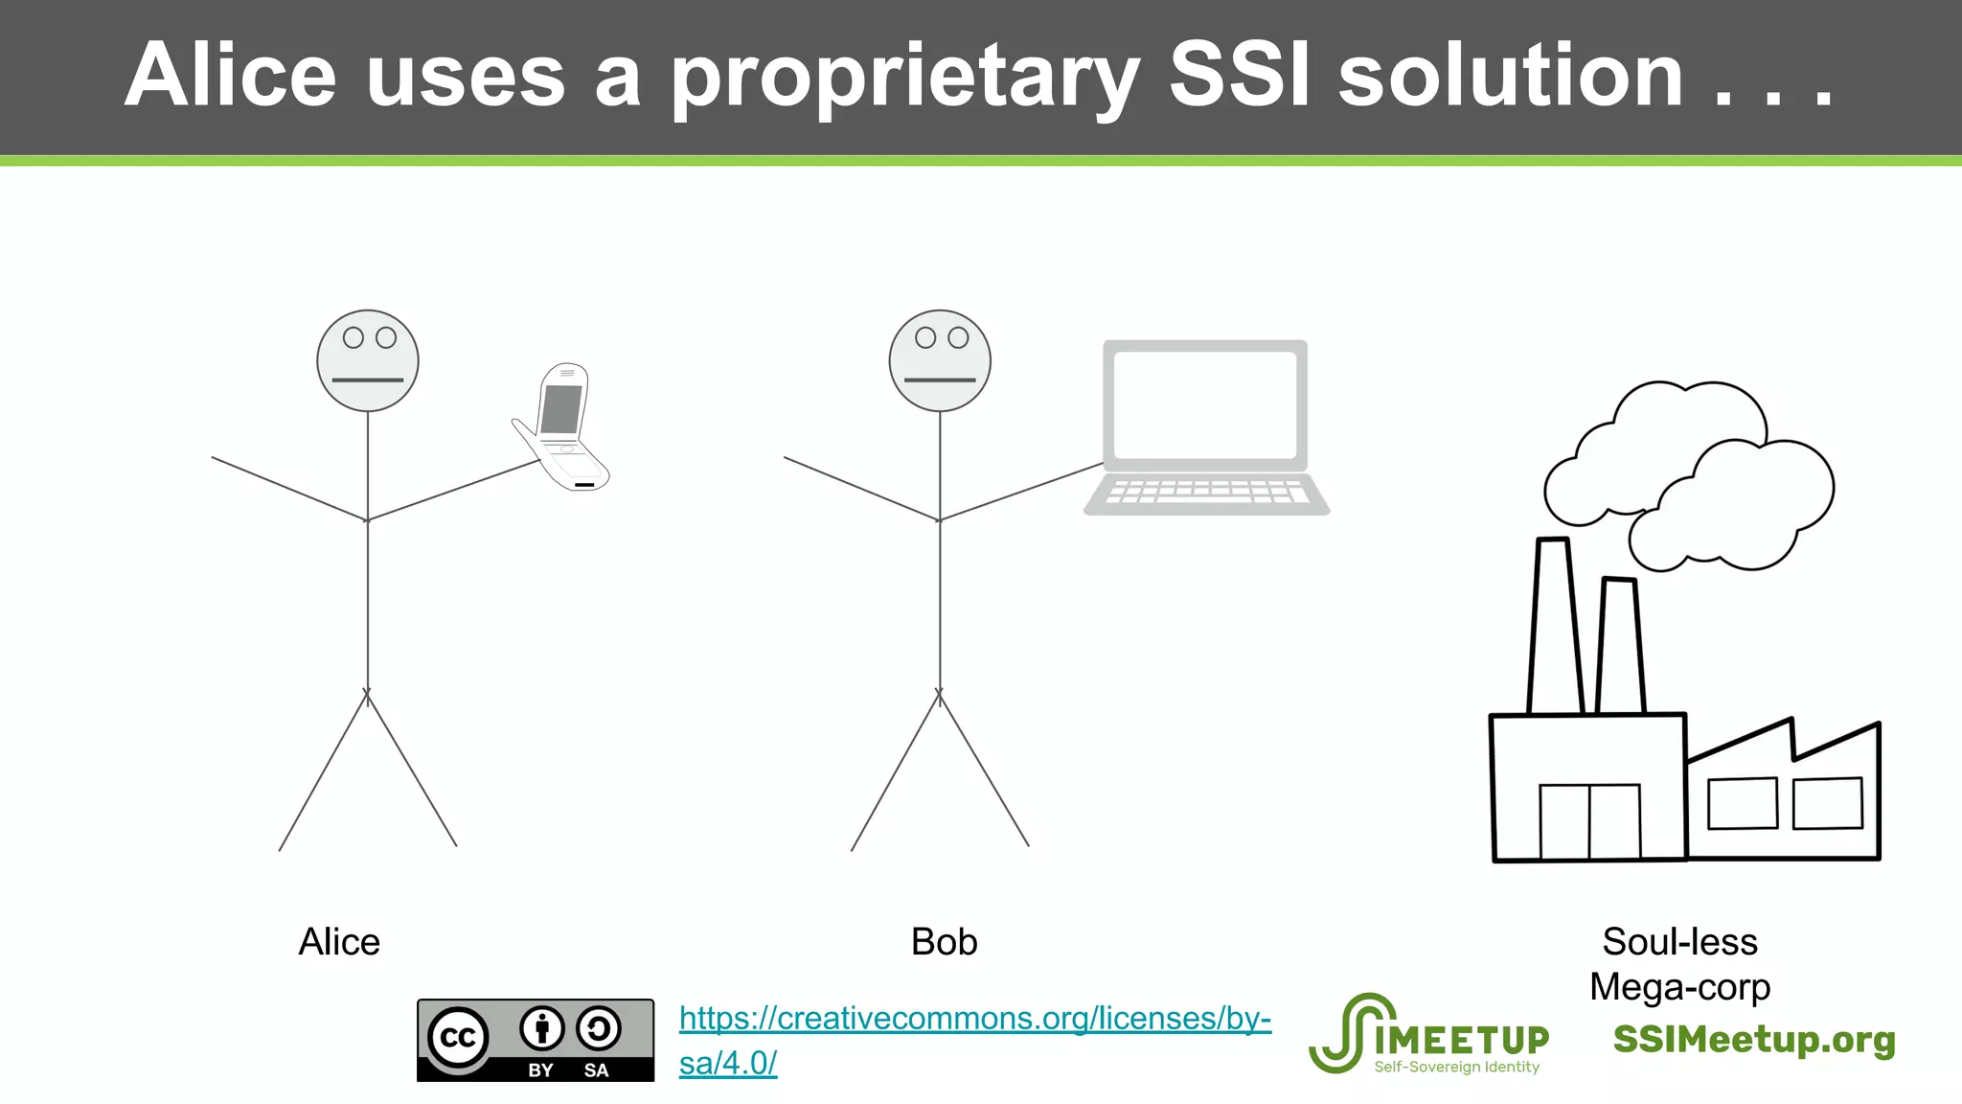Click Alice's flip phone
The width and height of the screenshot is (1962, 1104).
coord(562,427)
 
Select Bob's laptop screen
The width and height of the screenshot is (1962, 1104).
coord(1204,404)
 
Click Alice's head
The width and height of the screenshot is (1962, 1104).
coord(368,360)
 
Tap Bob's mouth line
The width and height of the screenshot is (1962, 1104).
coord(940,380)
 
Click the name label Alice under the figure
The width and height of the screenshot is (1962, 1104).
coord(339,942)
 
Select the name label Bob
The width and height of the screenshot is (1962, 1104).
coord(944,942)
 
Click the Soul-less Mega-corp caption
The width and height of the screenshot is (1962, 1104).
coord(1679,964)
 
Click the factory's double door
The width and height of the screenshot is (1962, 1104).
coord(1589,821)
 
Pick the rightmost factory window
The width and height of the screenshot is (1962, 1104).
coord(1827,803)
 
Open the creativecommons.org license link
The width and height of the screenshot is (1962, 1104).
coord(974,1019)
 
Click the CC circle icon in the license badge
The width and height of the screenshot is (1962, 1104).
coord(458,1038)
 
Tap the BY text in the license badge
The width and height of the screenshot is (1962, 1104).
coord(541,1070)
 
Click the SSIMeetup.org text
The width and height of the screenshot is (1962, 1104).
coord(1753,1040)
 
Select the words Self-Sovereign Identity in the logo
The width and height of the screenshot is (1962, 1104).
coord(1456,1067)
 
